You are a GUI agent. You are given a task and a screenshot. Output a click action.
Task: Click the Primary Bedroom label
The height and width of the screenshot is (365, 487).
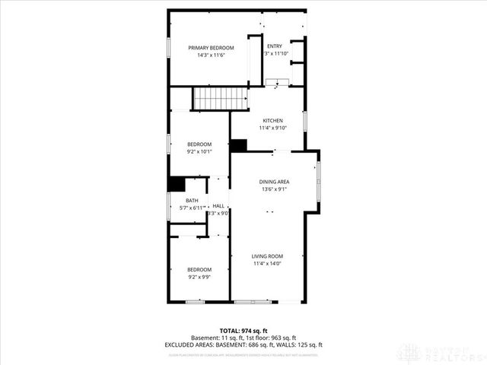click(x=211, y=47)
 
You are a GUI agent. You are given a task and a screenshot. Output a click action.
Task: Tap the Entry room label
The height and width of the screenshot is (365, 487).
click(x=274, y=46)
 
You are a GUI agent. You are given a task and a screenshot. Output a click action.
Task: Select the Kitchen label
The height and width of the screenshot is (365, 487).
click(x=273, y=121)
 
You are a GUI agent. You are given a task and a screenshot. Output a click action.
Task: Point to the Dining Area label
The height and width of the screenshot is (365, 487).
click(x=273, y=182)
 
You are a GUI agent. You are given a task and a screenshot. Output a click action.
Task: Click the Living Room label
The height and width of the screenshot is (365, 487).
click(x=267, y=256)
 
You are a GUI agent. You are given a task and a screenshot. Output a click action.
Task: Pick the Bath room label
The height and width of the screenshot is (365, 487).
click(x=191, y=200)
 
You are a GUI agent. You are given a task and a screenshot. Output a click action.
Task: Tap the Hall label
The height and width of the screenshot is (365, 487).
click(x=218, y=206)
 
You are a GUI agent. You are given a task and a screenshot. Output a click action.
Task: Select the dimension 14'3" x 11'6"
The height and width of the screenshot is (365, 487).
click(x=211, y=54)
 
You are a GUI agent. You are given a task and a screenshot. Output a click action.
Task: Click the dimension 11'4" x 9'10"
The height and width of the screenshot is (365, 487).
click(x=273, y=128)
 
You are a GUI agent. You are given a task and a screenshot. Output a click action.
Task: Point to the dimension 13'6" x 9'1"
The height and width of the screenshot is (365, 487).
click(x=273, y=189)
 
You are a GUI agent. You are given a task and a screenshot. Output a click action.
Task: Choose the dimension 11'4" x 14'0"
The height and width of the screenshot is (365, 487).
click(x=267, y=264)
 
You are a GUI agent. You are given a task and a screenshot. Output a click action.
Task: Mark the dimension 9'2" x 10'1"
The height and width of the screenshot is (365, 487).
click(x=199, y=151)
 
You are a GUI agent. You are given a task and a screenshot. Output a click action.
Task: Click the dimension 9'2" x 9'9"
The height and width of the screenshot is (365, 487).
click(x=199, y=277)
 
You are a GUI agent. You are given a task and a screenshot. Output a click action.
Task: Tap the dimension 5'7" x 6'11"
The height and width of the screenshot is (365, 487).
click(x=193, y=208)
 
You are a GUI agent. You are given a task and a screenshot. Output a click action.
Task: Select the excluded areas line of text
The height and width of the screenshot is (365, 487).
click(x=243, y=344)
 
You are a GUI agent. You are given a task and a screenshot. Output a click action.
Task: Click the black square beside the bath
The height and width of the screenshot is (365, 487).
click(x=177, y=184)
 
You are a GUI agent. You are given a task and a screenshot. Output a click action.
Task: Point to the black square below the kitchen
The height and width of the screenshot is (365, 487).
click(x=239, y=145)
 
